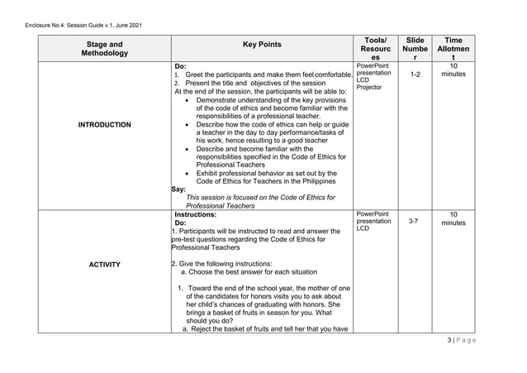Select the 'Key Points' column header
(262, 45)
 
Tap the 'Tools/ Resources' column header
(375, 48)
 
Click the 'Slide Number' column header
(415, 48)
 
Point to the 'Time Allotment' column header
(453, 48)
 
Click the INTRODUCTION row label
(104, 125)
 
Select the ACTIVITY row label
(104, 265)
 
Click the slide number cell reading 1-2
(415, 74)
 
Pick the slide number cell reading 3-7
(415, 222)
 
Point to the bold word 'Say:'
(179, 189)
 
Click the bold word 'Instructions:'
(196, 213)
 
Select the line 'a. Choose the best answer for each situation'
(260, 271)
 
